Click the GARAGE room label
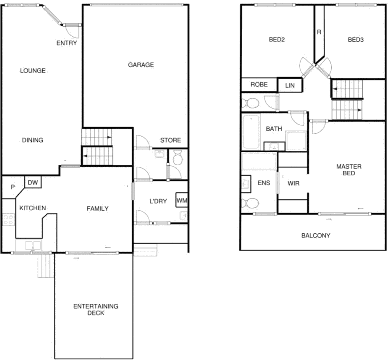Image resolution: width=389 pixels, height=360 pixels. coord(141,65)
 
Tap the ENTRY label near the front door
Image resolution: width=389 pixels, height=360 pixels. coord(67,43)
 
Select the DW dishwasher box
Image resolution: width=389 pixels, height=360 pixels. coord(33,182)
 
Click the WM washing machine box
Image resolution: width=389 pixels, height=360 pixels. coord(182,200)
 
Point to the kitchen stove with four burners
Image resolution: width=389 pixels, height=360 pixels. coord(8,220)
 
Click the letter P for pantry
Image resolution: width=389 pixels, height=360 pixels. coord(13,187)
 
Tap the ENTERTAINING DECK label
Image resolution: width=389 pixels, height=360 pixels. coord(96,309)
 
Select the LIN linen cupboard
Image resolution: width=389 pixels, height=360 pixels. coord(290,85)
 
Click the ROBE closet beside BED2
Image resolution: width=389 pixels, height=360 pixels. coord(259,84)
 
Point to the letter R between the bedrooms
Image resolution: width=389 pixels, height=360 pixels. coord(319,32)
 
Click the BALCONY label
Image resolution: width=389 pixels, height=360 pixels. coord(316,235)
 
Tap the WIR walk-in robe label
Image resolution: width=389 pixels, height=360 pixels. coord(293,183)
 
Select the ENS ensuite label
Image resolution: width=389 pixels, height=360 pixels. coord(264,183)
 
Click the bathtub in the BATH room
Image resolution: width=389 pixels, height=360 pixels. coord(252,132)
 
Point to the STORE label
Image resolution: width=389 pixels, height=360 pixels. coord(170,140)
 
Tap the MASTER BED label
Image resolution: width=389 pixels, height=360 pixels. coord(349,170)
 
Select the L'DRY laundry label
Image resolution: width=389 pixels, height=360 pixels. coord(158,201)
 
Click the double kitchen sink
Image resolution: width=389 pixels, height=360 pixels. coord(32,246)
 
